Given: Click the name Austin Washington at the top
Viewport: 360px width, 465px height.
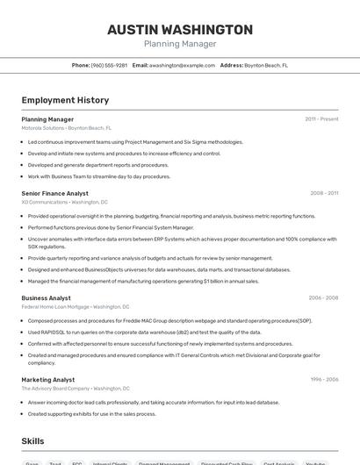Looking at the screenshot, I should pos(180,29).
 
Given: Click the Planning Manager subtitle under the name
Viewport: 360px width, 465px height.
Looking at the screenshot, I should pos(180,44).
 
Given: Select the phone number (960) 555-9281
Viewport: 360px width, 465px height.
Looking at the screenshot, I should pos(109,65).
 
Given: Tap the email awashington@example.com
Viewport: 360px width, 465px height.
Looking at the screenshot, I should pos(182,65).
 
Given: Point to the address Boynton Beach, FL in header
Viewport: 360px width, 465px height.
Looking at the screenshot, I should pos(265,65).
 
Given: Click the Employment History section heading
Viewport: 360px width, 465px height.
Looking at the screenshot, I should pos(65,100).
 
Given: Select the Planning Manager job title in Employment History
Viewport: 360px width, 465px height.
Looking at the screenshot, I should pos(47,118).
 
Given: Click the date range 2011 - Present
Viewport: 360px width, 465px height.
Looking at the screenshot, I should pos(321,118).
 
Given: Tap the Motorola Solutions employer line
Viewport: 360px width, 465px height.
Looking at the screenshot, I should pos(66,127).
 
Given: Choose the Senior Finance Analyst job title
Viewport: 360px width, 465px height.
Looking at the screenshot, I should pos(54,193).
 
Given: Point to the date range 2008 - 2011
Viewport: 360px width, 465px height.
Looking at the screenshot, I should pos(324,193).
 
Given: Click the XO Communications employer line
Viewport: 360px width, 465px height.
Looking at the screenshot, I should pos(64,202).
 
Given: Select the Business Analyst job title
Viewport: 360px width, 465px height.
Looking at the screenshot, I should pos(47,298).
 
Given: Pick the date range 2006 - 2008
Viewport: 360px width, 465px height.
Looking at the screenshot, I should pos(323,298).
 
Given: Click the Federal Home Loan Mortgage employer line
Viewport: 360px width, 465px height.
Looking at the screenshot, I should pos(75,307).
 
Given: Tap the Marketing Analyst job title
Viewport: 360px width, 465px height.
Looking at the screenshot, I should pos(48,380).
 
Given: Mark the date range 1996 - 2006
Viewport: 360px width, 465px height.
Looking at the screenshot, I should pos(324,380).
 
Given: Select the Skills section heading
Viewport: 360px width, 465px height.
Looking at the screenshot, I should pos(33,440).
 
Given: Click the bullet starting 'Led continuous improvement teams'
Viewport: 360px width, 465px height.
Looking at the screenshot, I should pos(135,141).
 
